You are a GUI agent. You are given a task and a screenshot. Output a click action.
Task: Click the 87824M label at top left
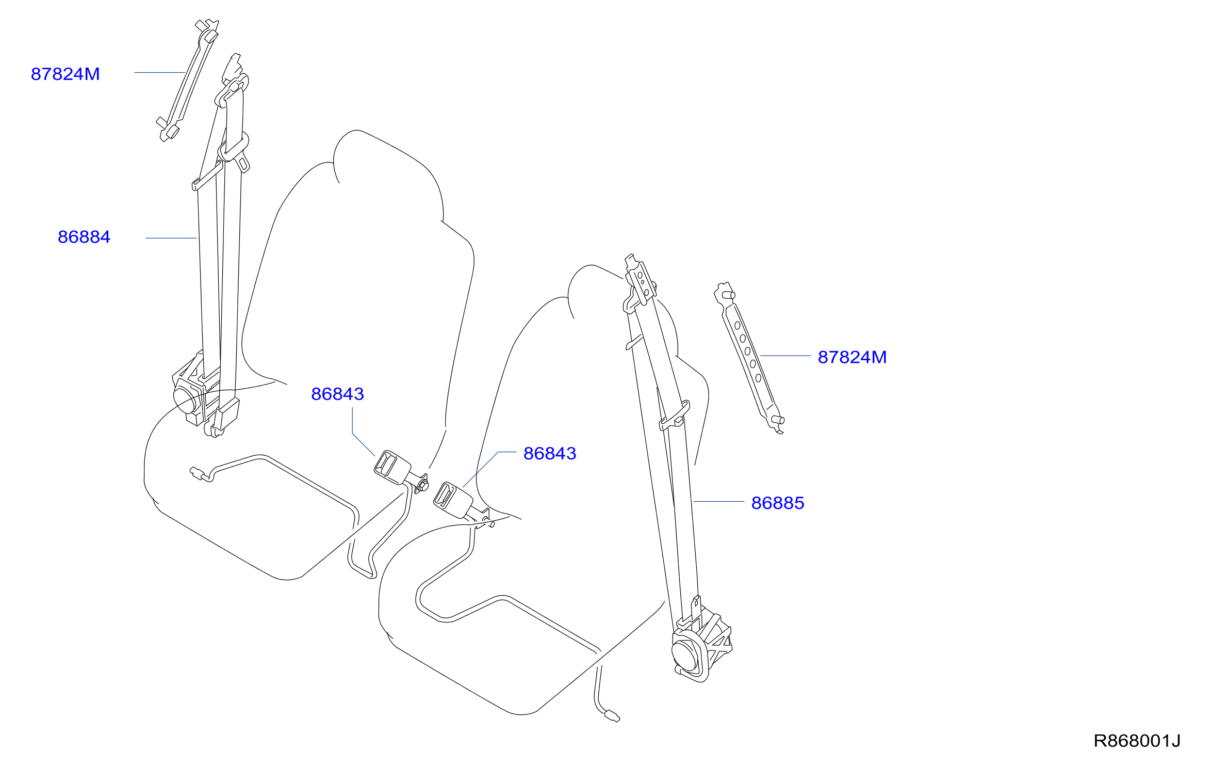point(66,74)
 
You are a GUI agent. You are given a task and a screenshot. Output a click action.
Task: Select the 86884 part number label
point(84,237)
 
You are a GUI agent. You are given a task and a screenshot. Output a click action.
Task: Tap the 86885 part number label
point(778,503)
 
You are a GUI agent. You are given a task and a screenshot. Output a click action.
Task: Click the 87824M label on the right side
point(853,357)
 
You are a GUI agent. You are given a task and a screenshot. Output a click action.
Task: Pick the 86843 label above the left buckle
point(338,394)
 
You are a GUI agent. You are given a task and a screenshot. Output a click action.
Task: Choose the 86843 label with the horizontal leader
point(550,454)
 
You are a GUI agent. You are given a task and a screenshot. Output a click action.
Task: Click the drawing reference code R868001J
point(1137,741)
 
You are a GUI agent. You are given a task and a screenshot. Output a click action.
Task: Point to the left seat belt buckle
point(392,467)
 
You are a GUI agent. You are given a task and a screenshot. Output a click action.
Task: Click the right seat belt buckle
point(452,500)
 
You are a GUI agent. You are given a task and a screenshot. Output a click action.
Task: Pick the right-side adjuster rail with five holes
point(749,358)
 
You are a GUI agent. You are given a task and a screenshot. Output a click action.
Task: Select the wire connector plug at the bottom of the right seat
point(612,716)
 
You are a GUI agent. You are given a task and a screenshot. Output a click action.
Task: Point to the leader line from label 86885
point(718,501)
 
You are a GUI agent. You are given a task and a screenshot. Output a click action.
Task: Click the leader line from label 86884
point(171,238)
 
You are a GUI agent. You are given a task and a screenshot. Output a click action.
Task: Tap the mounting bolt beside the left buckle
point(423,485)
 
